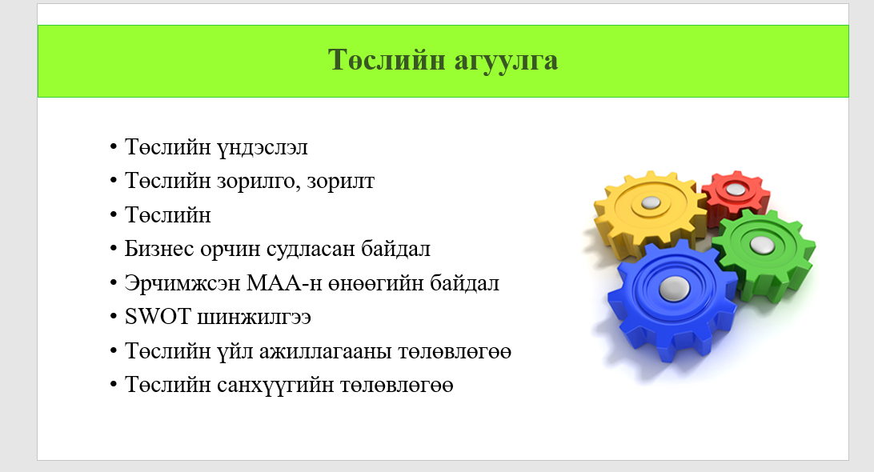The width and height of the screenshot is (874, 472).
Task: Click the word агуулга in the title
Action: [x=506, y=61]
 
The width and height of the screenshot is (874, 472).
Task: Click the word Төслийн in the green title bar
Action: [x=387, y=59]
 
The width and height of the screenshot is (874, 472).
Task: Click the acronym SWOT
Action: [x=158, y=317]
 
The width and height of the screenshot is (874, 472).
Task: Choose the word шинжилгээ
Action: [x=255, y=318]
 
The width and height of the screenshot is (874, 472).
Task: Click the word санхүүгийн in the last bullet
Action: [x=275, y=385]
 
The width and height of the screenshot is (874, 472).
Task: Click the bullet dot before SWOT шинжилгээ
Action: [x=114, y=317]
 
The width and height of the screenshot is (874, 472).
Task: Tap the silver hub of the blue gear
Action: [x=675, y=288]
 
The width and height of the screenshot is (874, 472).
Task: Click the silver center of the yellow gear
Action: [x=651, y=203]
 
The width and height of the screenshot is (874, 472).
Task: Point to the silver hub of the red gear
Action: [x=736, y=190]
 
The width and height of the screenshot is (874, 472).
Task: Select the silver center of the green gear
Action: [x=761, y=245]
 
